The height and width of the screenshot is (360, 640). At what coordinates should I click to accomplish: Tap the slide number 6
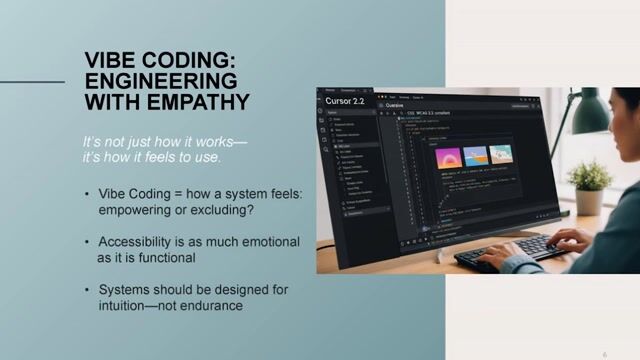(x=605, y=353)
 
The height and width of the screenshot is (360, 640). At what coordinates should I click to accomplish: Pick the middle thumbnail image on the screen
(x=476, y=157)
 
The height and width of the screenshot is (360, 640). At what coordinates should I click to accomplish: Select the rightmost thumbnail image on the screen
(x=501, y=154)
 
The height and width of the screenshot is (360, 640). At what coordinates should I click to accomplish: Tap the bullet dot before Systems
(x=88, y=290)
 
